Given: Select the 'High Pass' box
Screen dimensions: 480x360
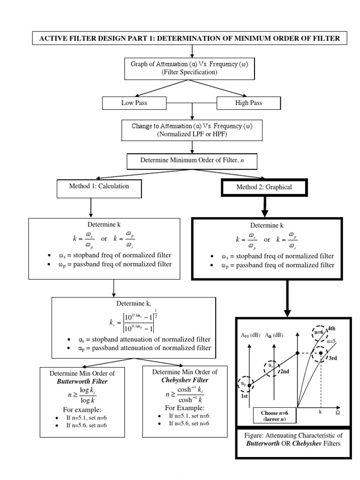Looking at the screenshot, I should (x=248, y=103).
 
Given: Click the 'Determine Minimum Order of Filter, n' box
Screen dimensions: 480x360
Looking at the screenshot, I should (x=192, y=160).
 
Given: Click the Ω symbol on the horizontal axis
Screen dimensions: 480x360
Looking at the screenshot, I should (x=337, y=413).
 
